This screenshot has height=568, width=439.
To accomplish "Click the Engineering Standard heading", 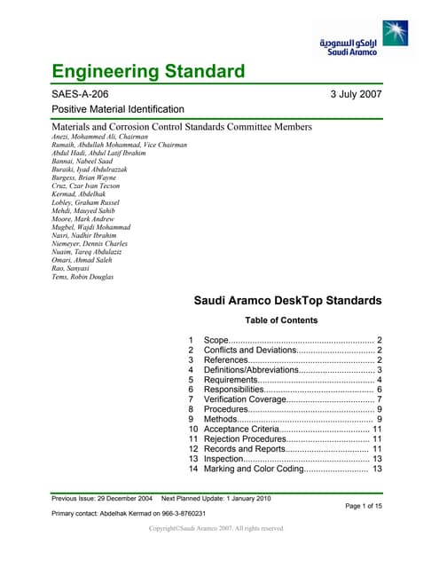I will [x=147, y=71].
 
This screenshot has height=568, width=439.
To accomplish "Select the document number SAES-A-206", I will [x=81, y=92].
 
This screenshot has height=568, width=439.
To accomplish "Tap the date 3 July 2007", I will [x=356, y=92].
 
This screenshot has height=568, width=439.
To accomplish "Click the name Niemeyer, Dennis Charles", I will [x=90, y=243].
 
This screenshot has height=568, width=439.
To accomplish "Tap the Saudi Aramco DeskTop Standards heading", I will [x=287, y=301].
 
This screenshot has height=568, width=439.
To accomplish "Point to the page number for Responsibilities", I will [x=379, y=390].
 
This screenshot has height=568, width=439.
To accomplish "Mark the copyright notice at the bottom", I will [x=218, y=528].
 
